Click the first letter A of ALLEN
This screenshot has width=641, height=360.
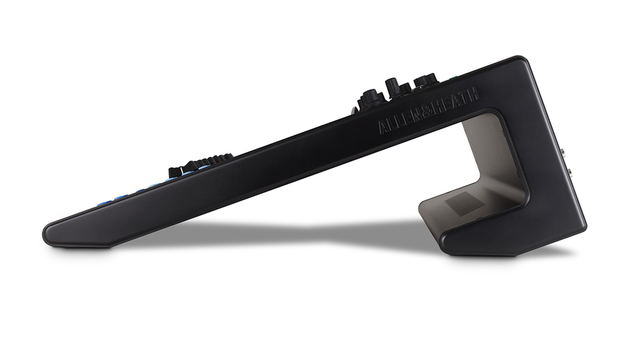tap(383, 126)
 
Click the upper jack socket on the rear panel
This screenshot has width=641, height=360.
tap(563, 154)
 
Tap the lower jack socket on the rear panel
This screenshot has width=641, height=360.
tap(569, 172)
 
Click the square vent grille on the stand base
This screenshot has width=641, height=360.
tap(464, 205)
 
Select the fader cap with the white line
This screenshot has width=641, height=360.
tap(176, 172)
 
